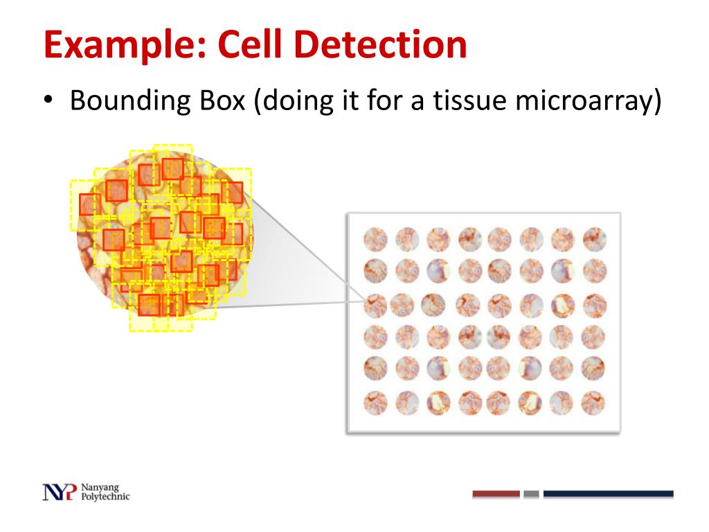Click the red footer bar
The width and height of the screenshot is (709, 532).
coord(496,494)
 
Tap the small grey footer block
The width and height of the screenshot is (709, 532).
coord(531,494)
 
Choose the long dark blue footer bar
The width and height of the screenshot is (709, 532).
coord(608,494)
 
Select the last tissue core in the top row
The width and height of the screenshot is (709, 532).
coord(595,240)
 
